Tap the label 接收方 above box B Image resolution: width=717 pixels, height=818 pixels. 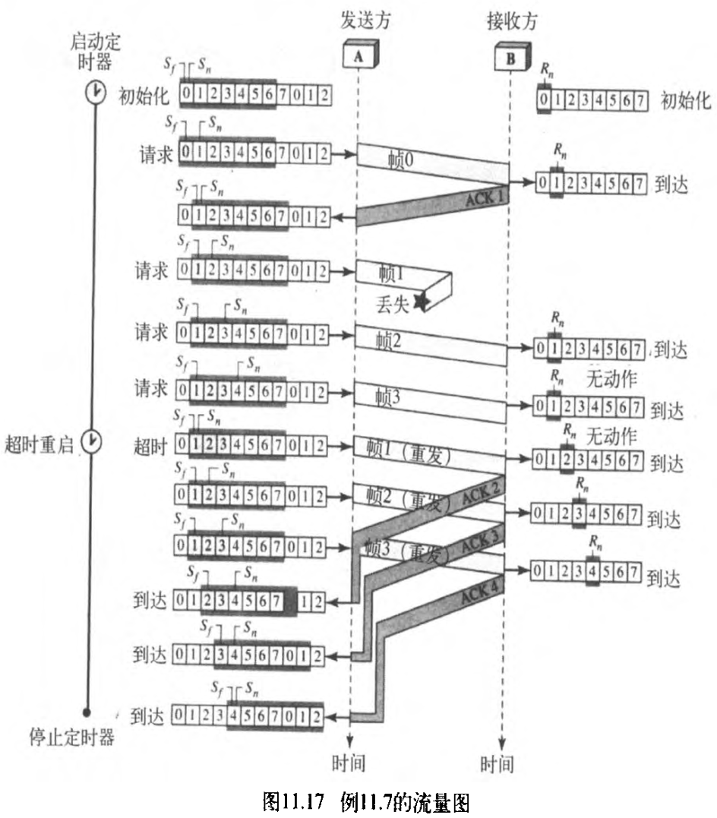[512, 20]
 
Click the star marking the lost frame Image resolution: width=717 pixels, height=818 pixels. [419, 302]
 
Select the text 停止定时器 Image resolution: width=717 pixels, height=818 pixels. [71, 737]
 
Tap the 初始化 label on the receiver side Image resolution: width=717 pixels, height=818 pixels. [686, 99]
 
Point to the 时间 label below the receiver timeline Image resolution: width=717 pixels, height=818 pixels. [497, 762]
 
